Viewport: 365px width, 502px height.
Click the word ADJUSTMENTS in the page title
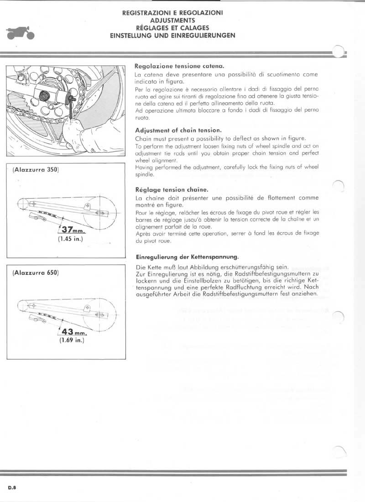[172, 21]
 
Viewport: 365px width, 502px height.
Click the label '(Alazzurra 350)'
[34, 170]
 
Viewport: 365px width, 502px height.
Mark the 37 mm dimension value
[71, 230]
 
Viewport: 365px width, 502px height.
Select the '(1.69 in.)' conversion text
[70, 340]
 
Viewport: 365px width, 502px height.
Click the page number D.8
[12, 487]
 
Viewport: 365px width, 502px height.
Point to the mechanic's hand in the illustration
[73, 132]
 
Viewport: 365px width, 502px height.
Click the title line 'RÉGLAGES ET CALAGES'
[172, 27]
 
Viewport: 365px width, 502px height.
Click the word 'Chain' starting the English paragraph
[144, 139]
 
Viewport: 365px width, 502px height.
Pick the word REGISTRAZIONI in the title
[145, 14]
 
